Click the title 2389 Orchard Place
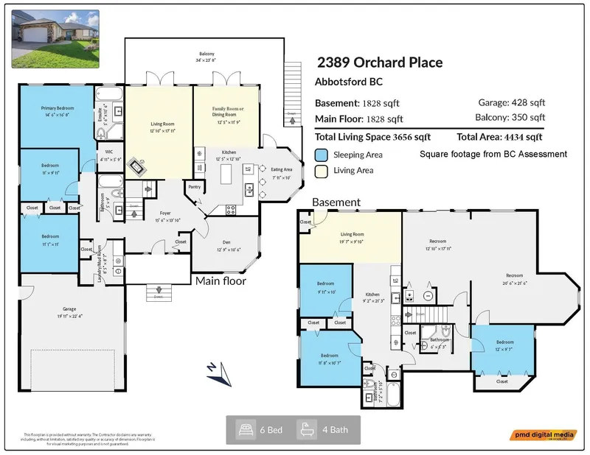380,63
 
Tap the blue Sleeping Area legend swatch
321,155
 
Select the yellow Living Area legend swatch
321,170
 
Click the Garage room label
49,314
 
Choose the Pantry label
194,187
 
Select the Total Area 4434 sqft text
499,137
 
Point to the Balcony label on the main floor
206,54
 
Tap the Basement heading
336,202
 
